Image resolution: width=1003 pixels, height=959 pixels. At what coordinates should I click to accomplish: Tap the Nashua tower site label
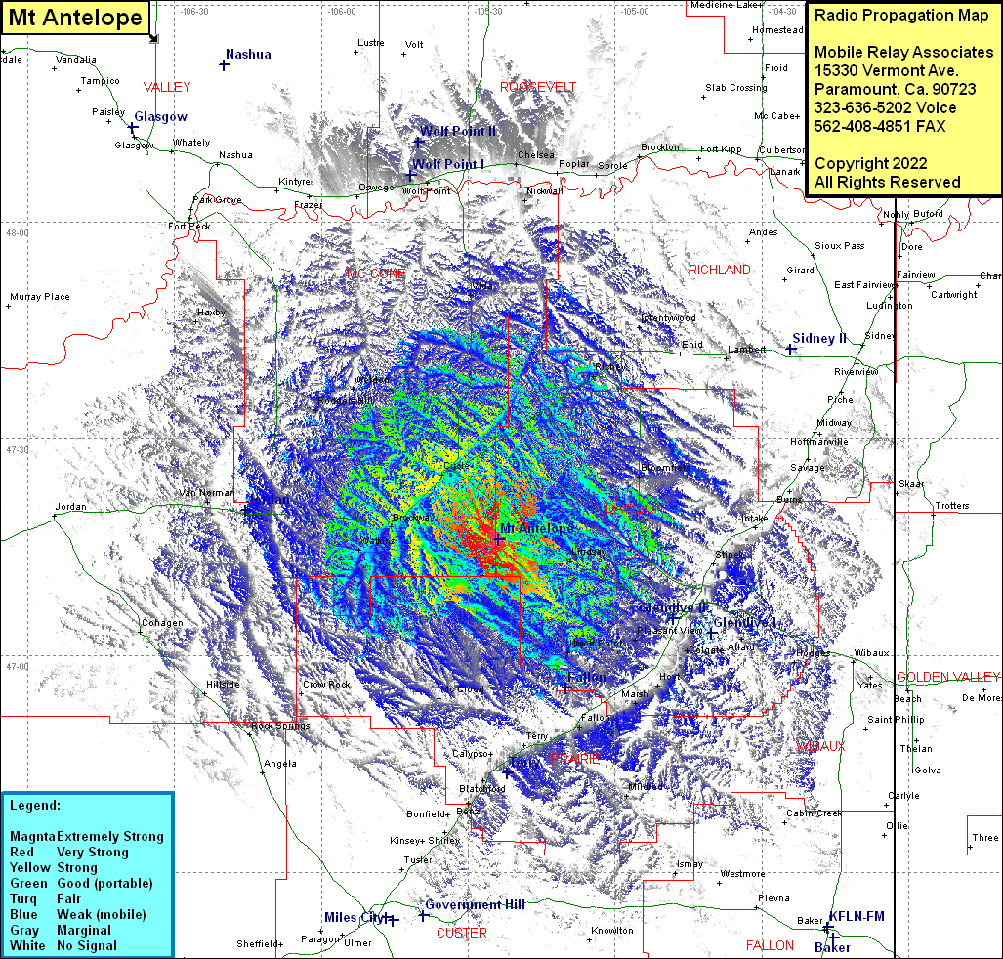[x=248, y=55]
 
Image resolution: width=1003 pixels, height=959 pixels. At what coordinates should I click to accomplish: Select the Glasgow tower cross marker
[x=133, y=128]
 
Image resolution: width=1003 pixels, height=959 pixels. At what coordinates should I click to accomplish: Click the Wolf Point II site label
[x=458, y=131]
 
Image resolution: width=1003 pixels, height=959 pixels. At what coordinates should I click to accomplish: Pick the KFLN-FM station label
[x=857, y=916]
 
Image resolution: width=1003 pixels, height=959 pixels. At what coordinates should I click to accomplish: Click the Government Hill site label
[x=475, y=905]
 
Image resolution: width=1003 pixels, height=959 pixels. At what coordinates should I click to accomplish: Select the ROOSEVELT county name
[x=538, y=87]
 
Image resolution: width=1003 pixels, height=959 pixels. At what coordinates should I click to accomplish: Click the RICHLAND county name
[x=720, y=270]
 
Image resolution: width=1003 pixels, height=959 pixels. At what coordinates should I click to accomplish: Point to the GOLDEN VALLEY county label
[x=947, y=677]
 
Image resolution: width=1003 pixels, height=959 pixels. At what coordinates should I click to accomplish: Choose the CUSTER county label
[x=462, y=933]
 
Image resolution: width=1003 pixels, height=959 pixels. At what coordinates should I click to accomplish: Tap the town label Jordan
[x=70, y=507]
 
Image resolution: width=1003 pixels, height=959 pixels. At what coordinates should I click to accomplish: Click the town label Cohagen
[x=161, y=623]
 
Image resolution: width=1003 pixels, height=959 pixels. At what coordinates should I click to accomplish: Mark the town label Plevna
[x=773, y=897]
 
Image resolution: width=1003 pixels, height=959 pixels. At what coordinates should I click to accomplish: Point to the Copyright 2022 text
[x=870, y=163]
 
